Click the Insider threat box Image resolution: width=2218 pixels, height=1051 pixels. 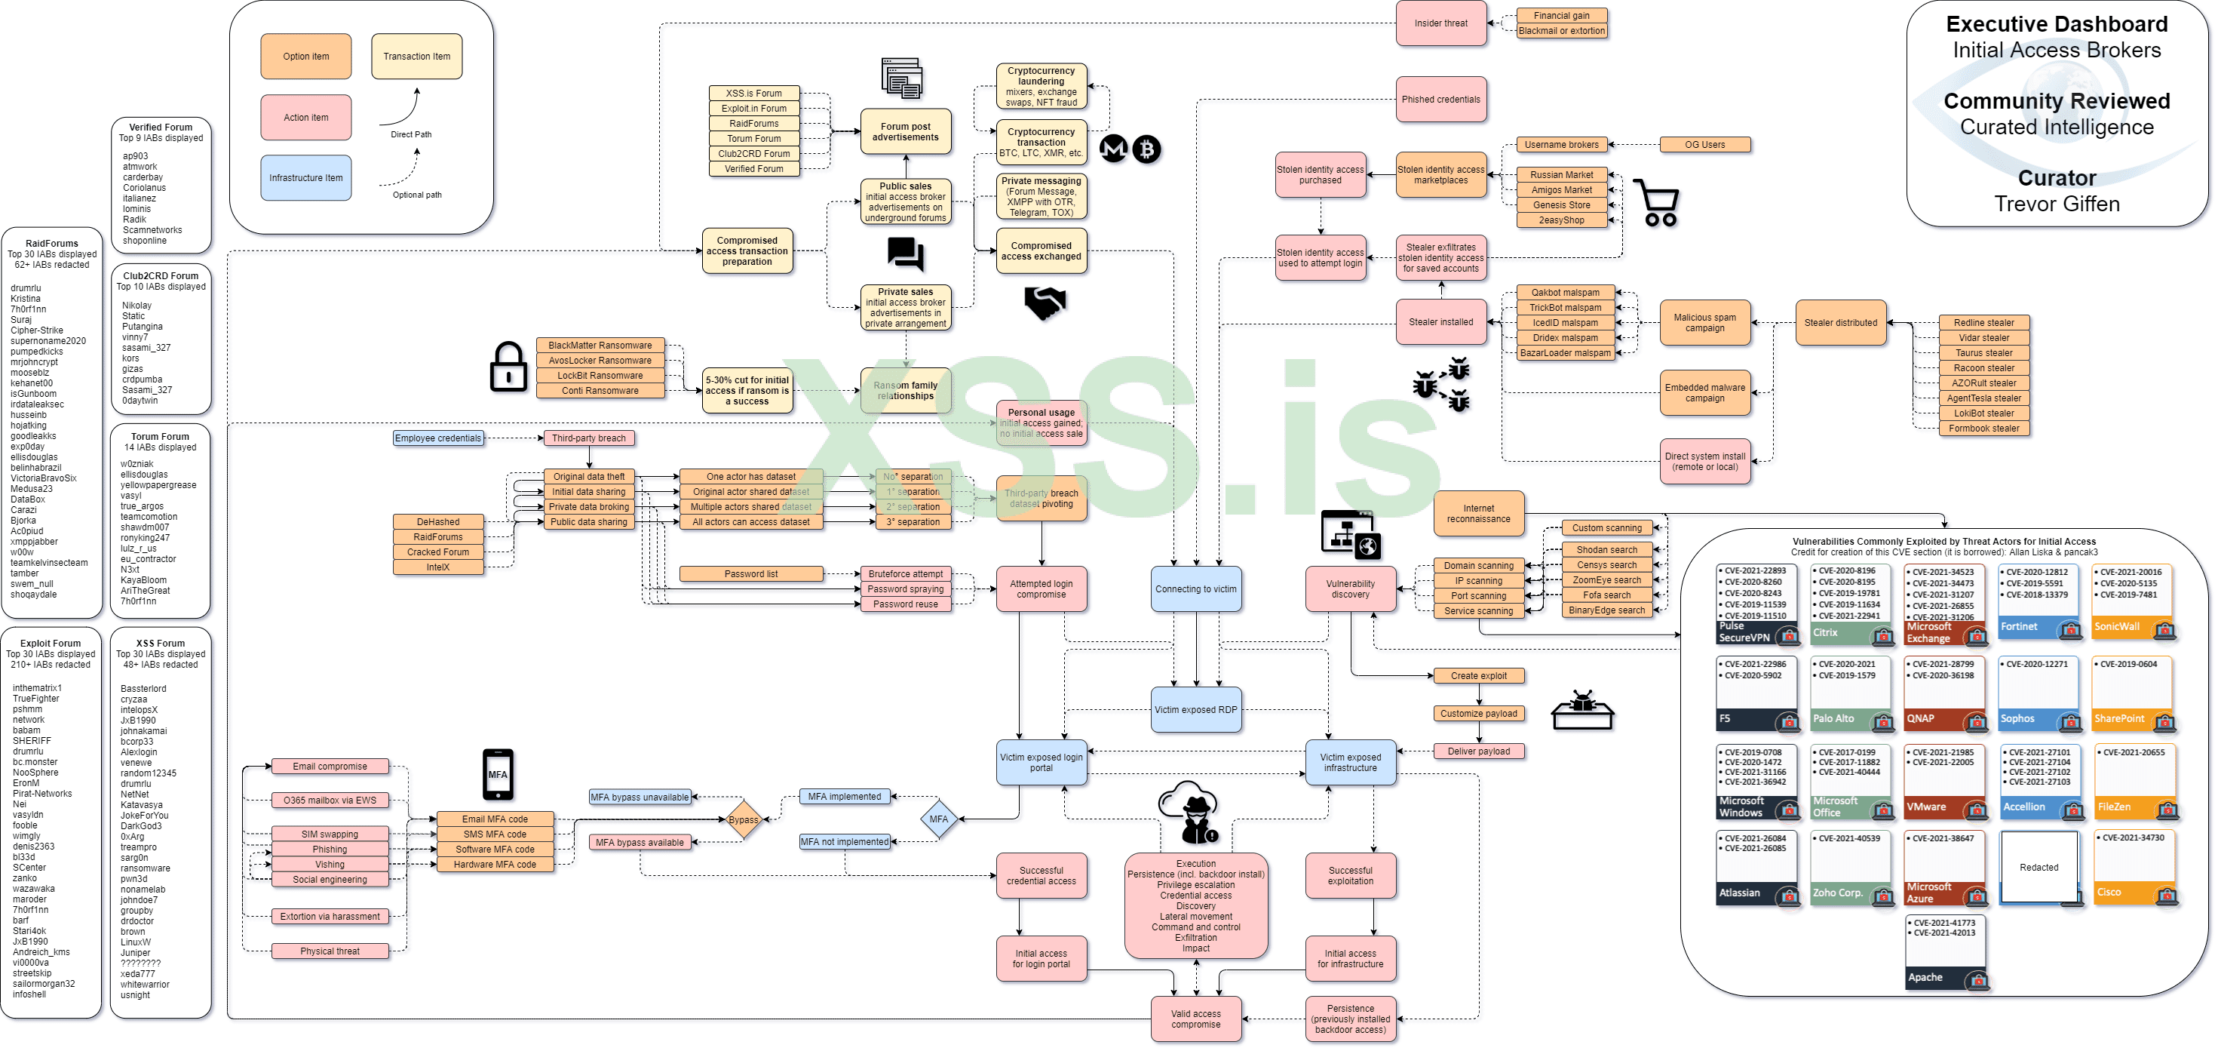(x=1440, y=23)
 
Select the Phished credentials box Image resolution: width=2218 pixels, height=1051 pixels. (x=1440, y=99)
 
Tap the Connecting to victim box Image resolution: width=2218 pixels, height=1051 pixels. (x=1195, y=589)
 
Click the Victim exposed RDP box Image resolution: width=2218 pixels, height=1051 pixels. (x=1195, y=710)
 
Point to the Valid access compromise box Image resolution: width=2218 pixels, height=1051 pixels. (x=1195, y=1019)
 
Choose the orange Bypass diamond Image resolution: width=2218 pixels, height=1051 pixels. (x=742, y=819)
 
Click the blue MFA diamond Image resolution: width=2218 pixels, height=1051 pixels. (x=938, y=819)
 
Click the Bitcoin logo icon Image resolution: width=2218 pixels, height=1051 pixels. (x=1146, y=149)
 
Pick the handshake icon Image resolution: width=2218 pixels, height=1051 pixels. (x=1045, y=303)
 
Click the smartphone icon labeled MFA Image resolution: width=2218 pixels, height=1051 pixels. (x=498, y=773)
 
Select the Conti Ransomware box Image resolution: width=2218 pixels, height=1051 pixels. (x=600, y=390)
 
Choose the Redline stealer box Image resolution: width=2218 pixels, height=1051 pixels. (x=1983, y=322)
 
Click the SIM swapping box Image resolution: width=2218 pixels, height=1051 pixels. (x=329, y=834)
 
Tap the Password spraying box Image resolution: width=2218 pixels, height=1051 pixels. (x=905, y=589)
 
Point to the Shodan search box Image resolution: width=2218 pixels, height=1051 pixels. (x=1606, y=549)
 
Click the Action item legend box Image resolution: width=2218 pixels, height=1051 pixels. (x=305, y=117)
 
